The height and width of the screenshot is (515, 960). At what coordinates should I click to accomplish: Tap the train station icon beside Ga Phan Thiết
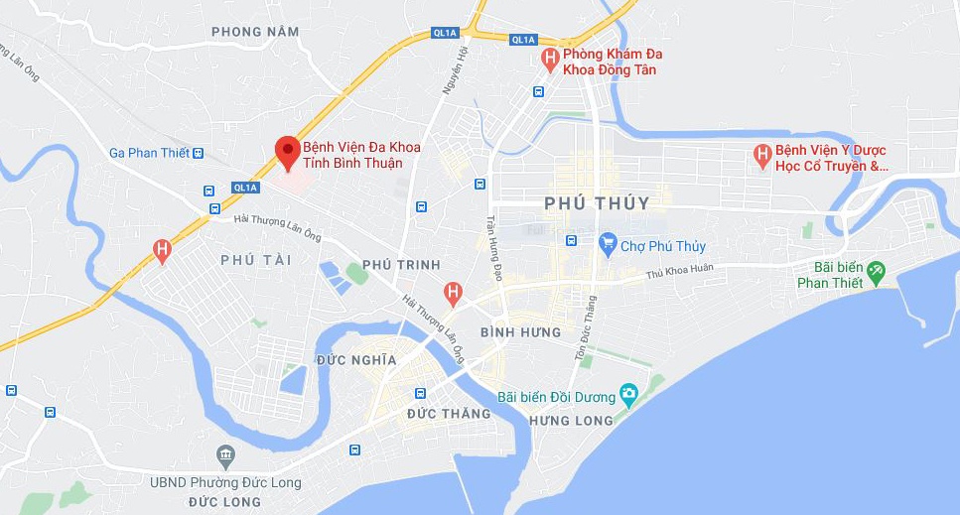click(x=199, y=153)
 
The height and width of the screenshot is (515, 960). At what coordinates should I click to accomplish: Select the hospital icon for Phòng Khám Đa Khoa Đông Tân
click(x=549, y=61)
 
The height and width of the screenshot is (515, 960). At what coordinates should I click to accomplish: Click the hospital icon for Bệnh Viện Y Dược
click(x=762, y=156)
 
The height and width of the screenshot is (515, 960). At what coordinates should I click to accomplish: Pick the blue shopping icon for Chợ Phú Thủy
click(x=608, y=243)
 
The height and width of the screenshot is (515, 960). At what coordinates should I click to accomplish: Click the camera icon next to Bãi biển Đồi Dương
click(x=627, y=395)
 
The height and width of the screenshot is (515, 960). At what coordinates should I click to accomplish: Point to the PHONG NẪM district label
click(x=255, y=32)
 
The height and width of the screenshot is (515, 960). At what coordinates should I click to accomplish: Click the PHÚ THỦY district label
click(x=597, y=203)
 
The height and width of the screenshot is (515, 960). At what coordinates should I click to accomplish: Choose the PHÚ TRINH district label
click(x=401, y=265)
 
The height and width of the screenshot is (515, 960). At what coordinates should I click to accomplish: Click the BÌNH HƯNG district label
click(x=520, y=332)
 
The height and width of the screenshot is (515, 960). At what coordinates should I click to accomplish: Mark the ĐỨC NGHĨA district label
click(x=356, y=360)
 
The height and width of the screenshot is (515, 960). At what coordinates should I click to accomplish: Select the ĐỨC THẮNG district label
click(x=449, y=414)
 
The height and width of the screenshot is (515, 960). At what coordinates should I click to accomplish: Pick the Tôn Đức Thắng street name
click(x=586, y=328)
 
